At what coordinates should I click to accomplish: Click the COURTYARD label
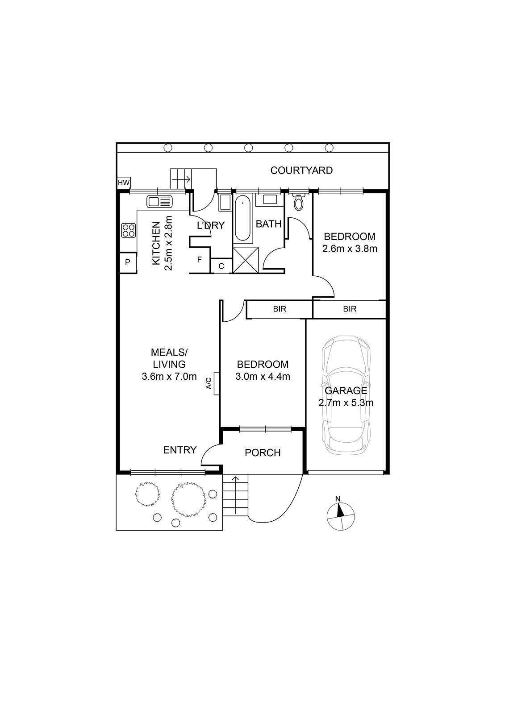pyautogui.click(x=301, y=170)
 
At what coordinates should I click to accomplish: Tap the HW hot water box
pyautogui.click(x=124, y=183)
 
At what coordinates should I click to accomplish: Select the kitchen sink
pyautogui.click(x=159, y=201)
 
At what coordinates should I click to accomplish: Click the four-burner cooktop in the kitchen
pyautogui.click(x=128, y=230)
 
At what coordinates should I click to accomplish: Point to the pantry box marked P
pyautogui.click(x=128, y=263)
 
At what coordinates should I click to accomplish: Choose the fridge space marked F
pyautogui.click(x=200, y=260)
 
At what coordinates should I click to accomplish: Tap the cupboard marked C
pyautogui.click(x=221, y=266)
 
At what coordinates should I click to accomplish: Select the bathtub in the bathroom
pyautogui.click(x=242, y=218)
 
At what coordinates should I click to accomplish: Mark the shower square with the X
pyautogui.click(x=246, y=260)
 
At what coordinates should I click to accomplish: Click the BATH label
pyautogui.click(x=269, y=224)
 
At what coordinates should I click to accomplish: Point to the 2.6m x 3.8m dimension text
pyautogui.click(x=350, y=249)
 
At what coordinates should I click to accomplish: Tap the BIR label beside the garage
pyautogui.click(x=350, y=309)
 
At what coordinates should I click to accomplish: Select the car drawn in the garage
pyautogui.click(x=346, y=395)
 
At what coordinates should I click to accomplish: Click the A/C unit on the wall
pyautogui.click(x=217, y=383)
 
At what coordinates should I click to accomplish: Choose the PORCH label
pyautogui.click(x=263, y=452)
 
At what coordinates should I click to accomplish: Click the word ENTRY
pyautogui.click(x=180, y=450)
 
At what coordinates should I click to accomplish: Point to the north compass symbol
pyautogui.click(x=341, y=516)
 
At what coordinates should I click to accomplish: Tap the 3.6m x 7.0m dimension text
pyautogui.click(x=169, y=377)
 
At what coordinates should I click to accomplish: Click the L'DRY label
pyautogui.click(x=211, y=225)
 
